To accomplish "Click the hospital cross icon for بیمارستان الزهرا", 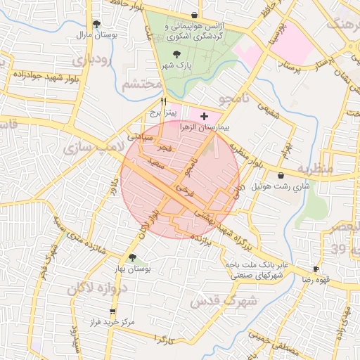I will pos(204,115).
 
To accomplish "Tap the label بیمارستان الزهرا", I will pos(206,127).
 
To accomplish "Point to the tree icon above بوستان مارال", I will pos(97,23).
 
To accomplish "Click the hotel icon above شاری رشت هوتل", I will pos(281,175).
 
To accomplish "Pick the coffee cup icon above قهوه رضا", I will pos(316,269).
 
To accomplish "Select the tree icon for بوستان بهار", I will pos(133,257).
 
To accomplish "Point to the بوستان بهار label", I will pos(133,269).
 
